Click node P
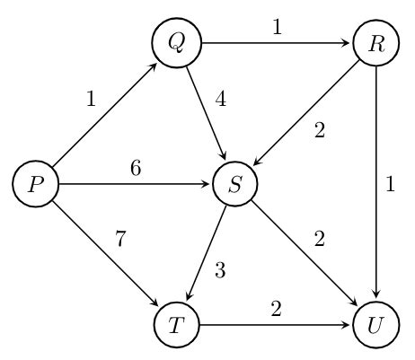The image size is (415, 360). [x=35, y=185]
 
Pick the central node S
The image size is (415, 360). [x=235, y=185]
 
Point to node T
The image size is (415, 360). [x=176, y=326]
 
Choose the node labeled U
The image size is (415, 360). [x=376, y=326]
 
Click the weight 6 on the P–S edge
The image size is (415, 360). [x=136, y=168]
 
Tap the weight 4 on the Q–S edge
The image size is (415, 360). [x=220, y=100]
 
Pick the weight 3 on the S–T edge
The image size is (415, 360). [x=220, y=270]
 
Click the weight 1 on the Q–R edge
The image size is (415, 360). [x=277, y=28]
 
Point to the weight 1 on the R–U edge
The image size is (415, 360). [x=390, y=185]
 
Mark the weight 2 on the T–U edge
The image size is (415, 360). [x=276, y=309]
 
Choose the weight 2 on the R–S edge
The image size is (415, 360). [x=318, y=129]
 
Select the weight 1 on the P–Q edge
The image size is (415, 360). [x=91, y=100]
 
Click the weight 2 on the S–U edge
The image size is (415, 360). [x=318, y=239]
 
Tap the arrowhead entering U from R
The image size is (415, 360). [x=376, y=298]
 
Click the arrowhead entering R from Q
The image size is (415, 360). [x=349, y=43]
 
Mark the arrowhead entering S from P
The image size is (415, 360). [x=207, y=185]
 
